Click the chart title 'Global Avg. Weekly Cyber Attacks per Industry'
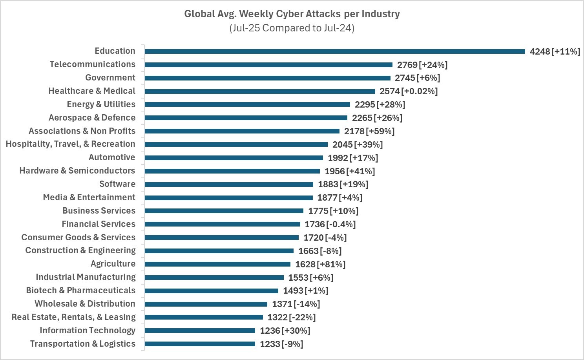click(292, 14)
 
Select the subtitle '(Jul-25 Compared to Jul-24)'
click(292, 28)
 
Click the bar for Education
click(334, 51)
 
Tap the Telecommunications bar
click(268, 65)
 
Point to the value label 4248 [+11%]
click(555, 51)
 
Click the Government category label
click(110, 78)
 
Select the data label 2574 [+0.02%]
click(408, 91)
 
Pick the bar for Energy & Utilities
click(247, 104)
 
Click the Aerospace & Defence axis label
click(92, 118)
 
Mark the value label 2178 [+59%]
click(369, 131)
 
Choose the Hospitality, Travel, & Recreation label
click(71, 144)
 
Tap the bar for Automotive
click(234, 158)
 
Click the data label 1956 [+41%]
click(349, 171)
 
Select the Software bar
click(229, 185)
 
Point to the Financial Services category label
click(99, 224)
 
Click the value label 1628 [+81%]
click(320, 264)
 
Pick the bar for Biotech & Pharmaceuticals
click(211, 291)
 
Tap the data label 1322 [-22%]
click(291, 317)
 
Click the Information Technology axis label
click(88, 331)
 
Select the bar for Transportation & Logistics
click(200, 344)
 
